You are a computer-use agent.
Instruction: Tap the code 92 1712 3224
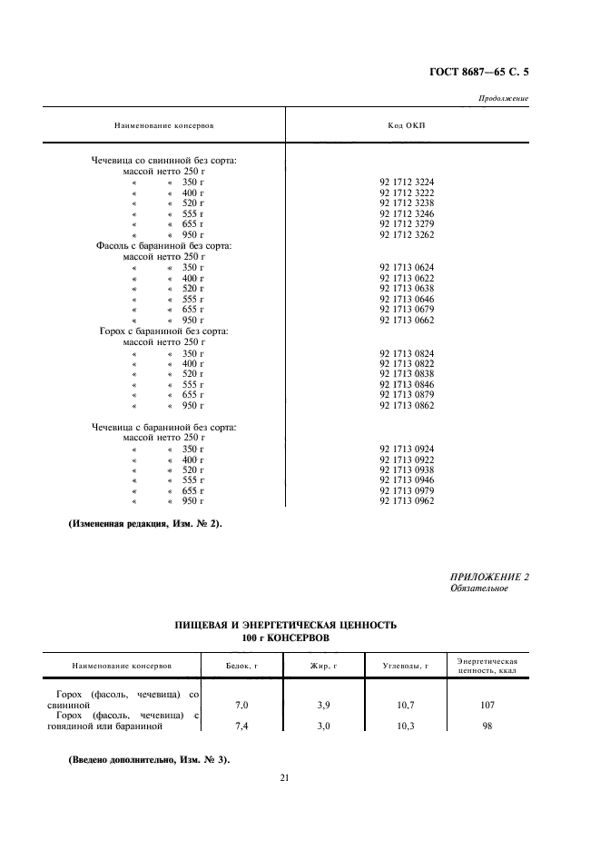tap(407, 182)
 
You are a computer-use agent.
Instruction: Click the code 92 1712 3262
tap(407, 234)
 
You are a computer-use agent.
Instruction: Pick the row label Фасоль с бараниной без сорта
tap(164, 245)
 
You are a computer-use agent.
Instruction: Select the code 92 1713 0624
tap(407, 268)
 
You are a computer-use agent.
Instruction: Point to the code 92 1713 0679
tap(407, 310)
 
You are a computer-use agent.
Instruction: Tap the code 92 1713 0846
tap(407, 384)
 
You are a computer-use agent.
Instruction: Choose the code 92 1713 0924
tap(407, 449)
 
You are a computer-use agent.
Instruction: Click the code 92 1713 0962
tap(407, 500)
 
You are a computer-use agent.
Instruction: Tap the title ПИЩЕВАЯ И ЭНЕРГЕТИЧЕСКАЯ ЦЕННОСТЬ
tap(286, 626)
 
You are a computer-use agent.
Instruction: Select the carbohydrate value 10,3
tap(405, 726)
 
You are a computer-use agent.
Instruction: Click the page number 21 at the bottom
tap(284, 777)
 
